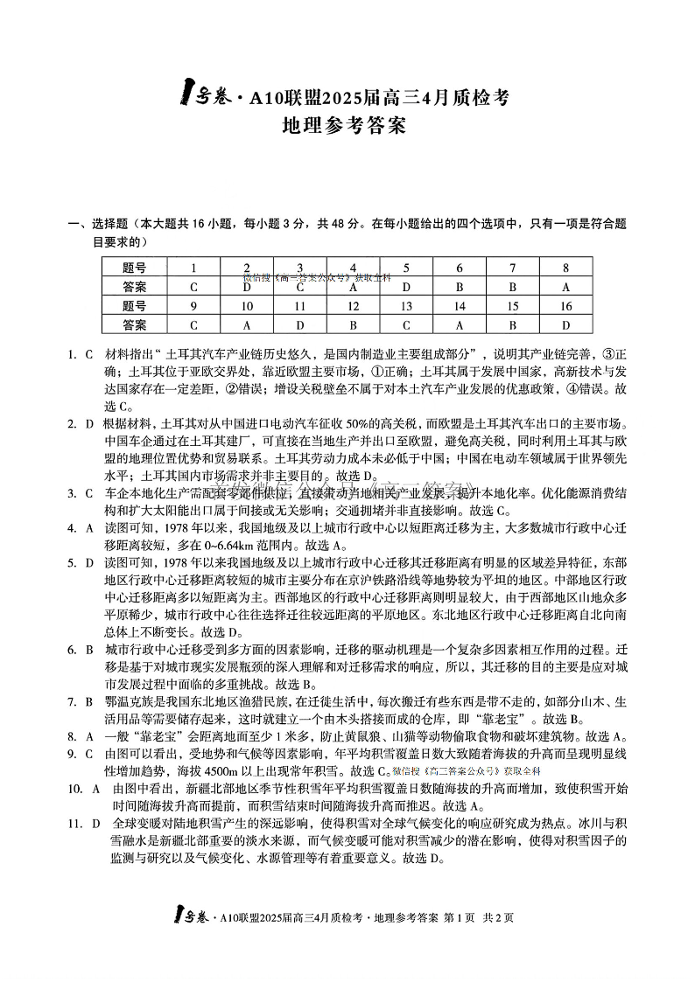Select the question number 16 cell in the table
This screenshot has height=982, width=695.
(565, 305)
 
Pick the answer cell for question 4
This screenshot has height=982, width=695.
(353, 286)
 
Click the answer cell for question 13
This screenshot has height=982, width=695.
(406, 324)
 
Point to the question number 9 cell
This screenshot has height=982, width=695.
(193, 305)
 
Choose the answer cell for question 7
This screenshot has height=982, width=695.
(513, 286)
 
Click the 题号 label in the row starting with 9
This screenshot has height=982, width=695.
(134, 305)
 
